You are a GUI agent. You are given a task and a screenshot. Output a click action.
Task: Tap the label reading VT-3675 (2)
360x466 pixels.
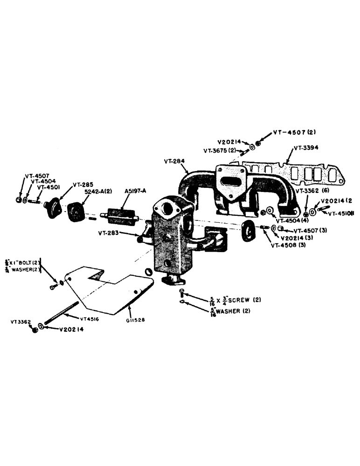[x=219, y=151]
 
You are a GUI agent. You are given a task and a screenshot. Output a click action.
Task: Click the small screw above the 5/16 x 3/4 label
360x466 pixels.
[x=182, y=293]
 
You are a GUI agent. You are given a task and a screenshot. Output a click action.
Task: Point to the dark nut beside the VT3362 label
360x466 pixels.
[x=34, y=329]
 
